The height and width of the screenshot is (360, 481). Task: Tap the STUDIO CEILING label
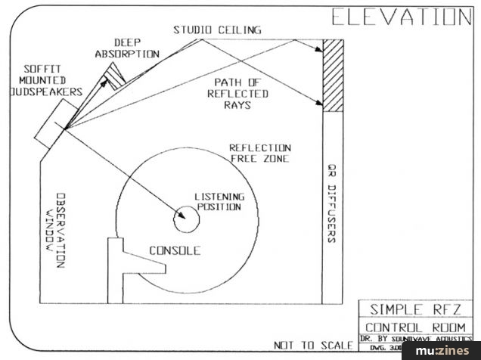coord(217,29)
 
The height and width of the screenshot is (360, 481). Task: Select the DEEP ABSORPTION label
coord(126,48)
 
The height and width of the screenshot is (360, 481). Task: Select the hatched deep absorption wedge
coord(115,75)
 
